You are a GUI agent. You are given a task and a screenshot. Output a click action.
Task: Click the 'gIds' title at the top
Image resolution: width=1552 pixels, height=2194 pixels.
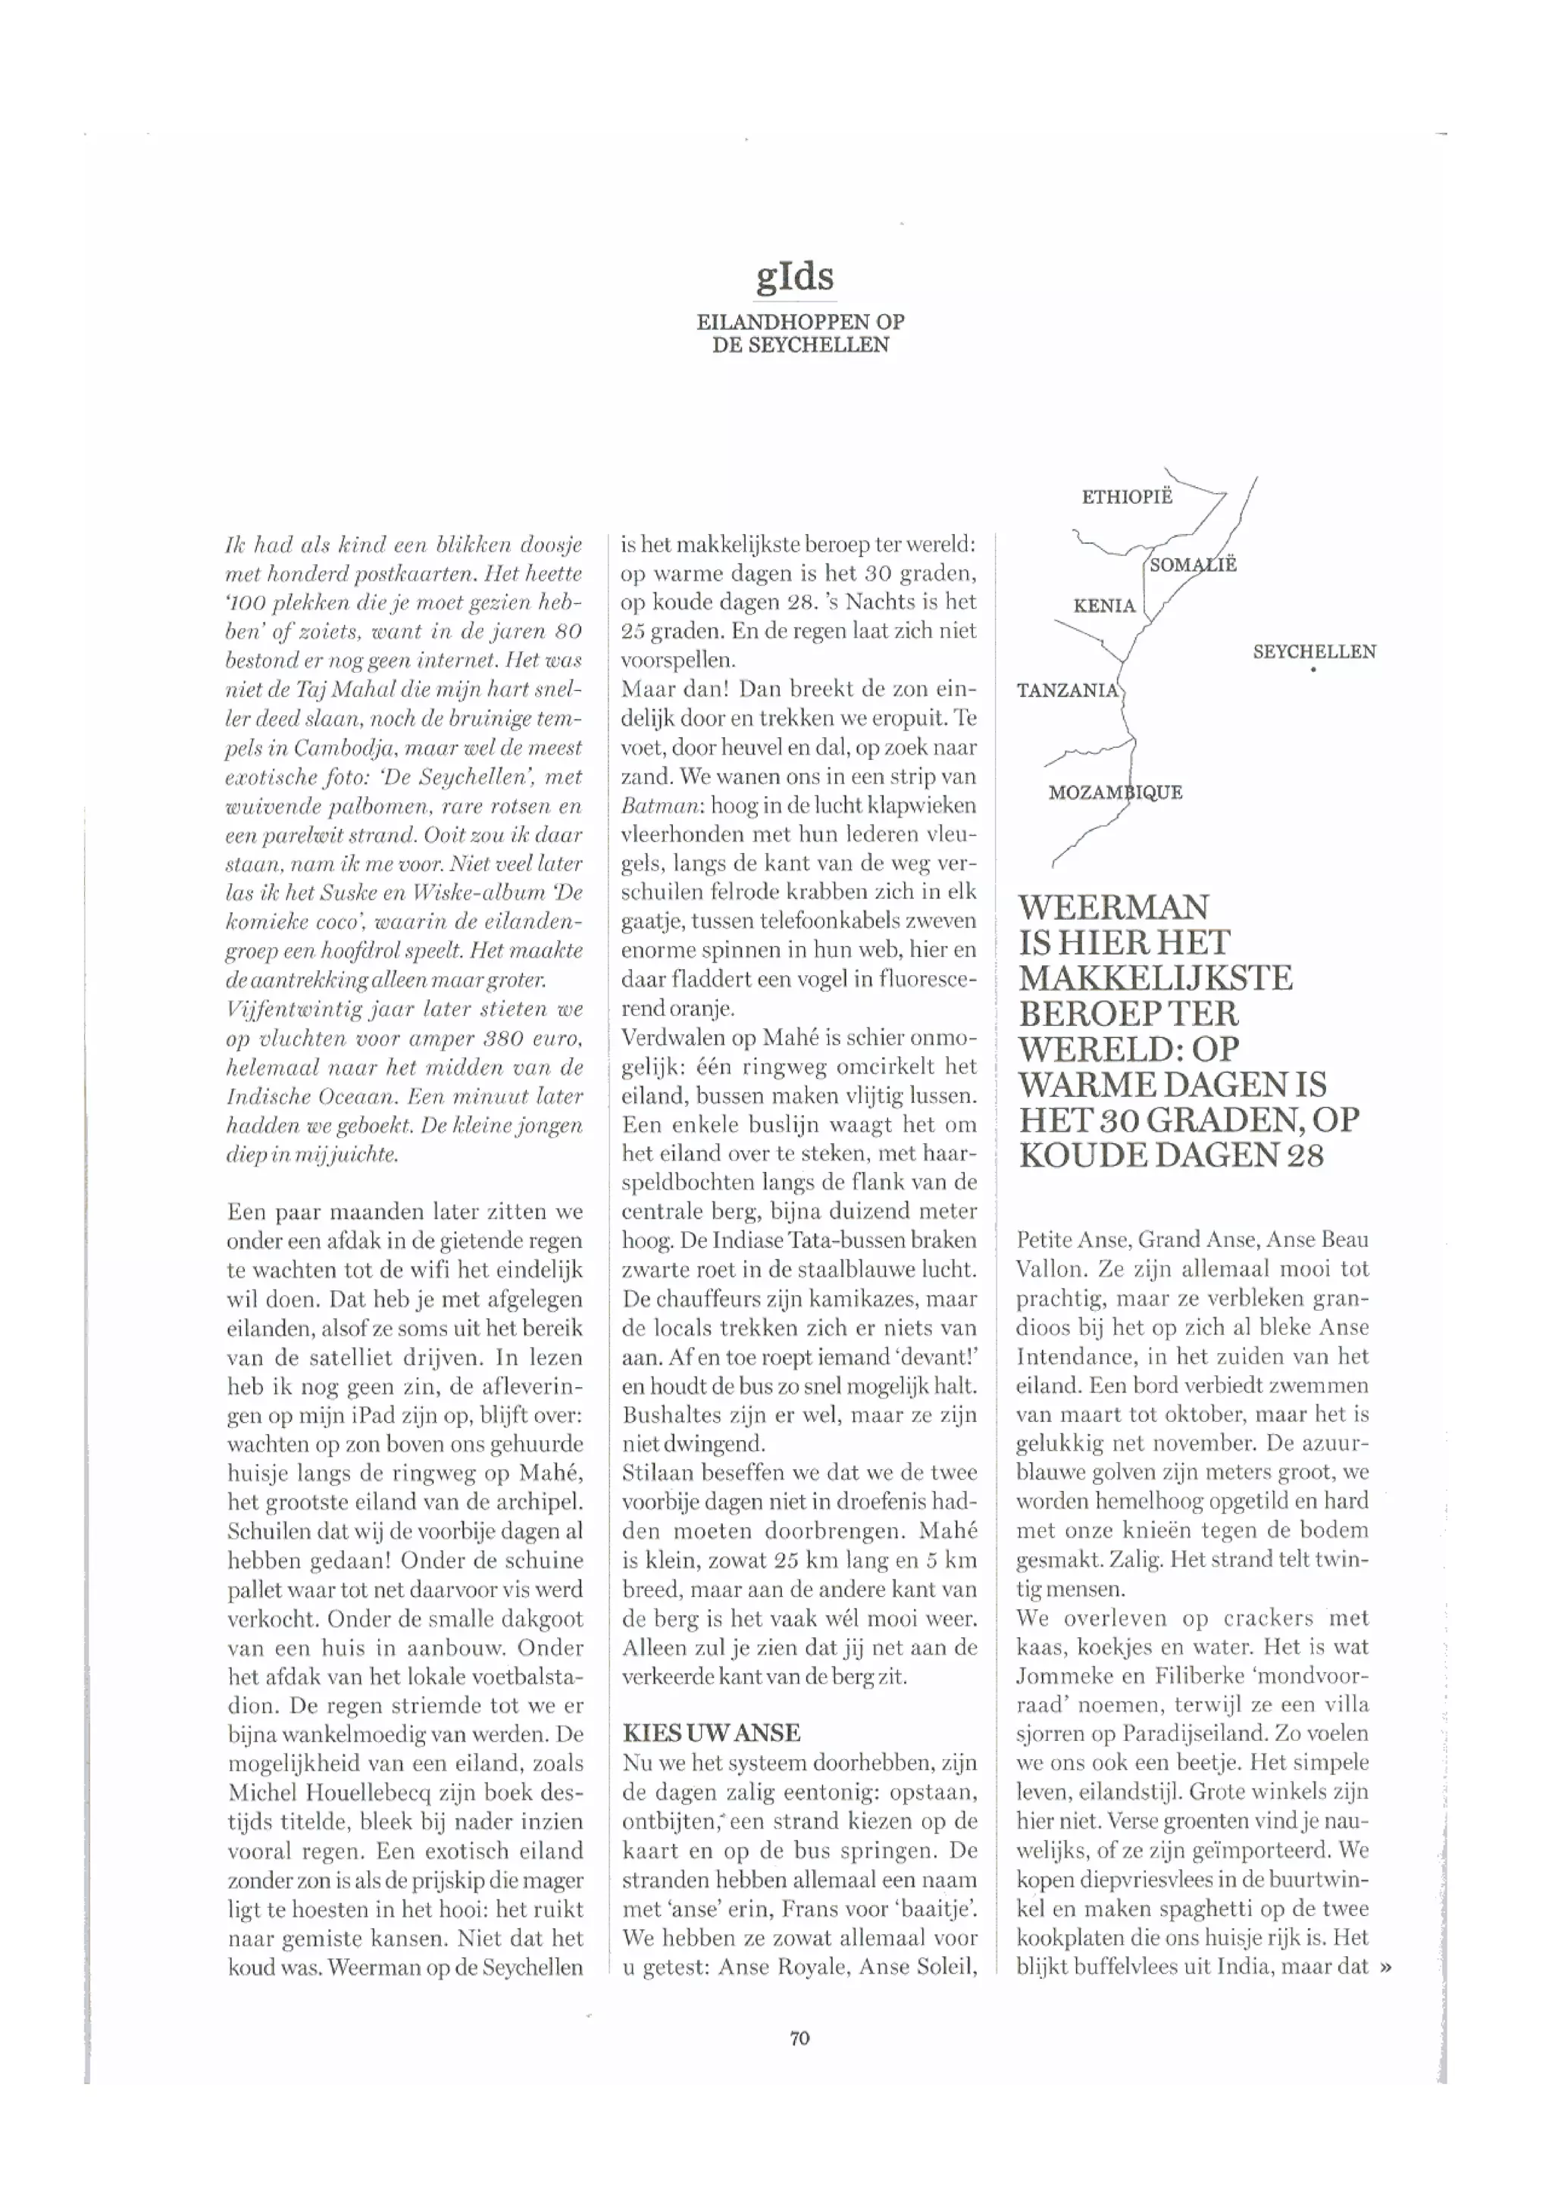coord(794,277)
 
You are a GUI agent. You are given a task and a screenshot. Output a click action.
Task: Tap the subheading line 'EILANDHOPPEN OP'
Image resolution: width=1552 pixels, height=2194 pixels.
coord(800,322)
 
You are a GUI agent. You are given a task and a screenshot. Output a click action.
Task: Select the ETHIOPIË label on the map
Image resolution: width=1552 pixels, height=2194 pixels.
coord(1126,497)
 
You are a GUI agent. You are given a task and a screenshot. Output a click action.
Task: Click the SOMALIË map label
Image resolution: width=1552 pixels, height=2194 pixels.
coord(1193,564)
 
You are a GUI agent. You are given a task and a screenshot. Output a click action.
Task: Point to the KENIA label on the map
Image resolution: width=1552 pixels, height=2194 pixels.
coord(1104,606)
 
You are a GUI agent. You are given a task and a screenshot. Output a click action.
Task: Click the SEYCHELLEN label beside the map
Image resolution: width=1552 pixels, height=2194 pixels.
coord(1314,652)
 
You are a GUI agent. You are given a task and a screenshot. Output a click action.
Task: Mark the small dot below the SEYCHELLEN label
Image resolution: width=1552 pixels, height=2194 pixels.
coord(1314,670)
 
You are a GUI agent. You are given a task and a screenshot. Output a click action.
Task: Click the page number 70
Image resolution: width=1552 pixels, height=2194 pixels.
coord(800,2037)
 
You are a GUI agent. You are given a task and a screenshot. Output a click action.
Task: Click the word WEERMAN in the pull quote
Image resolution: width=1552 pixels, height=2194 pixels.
coord(1113,907)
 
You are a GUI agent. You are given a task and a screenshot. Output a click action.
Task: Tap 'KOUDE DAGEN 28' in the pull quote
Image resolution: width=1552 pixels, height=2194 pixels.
coord(1171,1155)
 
